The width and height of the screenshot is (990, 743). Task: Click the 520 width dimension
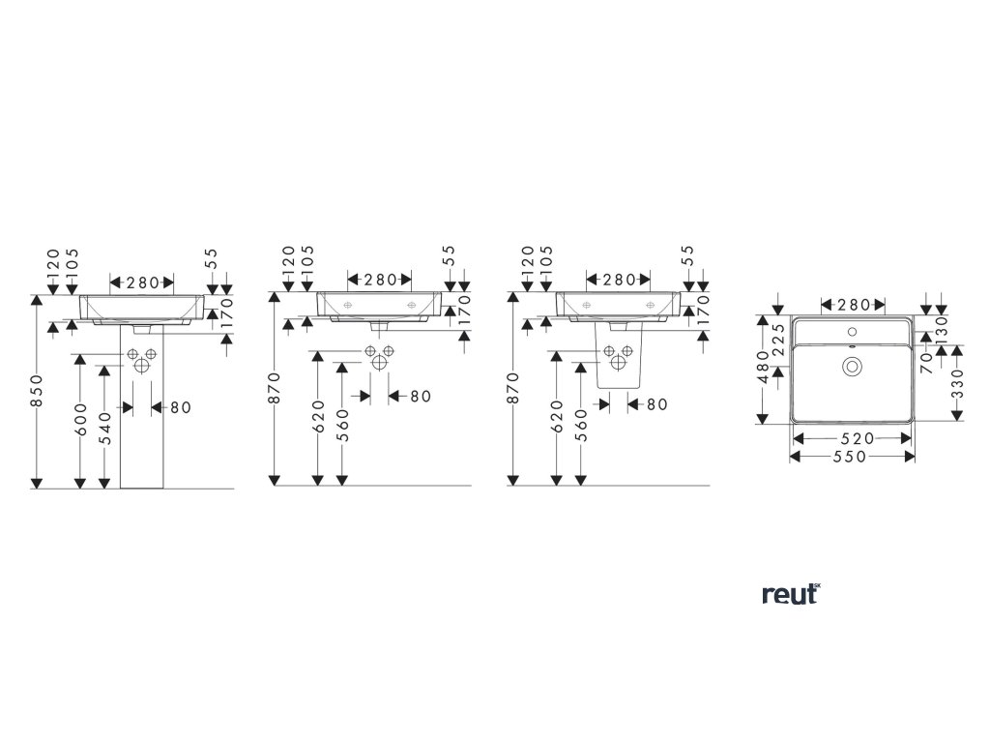coord(853,438)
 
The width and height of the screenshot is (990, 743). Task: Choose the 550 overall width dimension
coord(853,457)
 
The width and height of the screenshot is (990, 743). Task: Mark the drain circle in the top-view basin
coord(853,366)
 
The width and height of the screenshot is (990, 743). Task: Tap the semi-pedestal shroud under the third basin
coord(621,363)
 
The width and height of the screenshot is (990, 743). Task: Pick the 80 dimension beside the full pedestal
coord(180,407)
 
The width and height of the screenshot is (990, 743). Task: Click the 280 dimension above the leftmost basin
coord(142,282)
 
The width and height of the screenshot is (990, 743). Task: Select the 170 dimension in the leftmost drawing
coord(227,314)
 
